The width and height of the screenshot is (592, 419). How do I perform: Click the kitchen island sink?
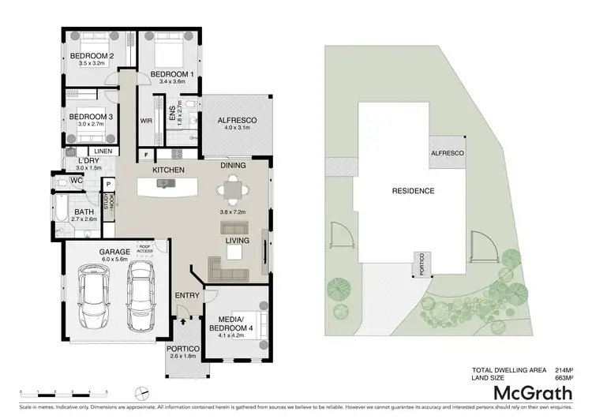click(164, 184)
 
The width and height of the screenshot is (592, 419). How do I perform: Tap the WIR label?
click(146, 121)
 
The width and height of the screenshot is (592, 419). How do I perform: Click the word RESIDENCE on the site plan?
click(413, 191)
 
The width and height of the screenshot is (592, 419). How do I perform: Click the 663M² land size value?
click(563, 377)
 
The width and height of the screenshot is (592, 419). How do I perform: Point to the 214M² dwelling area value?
click(563, 369)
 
